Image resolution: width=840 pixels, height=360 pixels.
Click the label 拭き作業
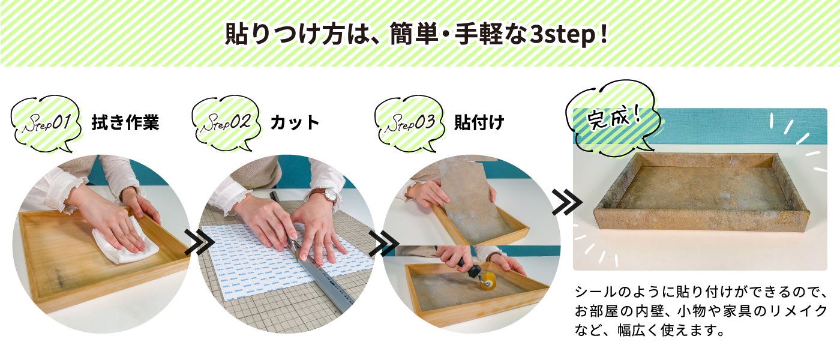[125, 122]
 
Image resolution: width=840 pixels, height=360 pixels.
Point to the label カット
[295, 122]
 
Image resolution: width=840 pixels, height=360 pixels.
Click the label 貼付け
[479, 122]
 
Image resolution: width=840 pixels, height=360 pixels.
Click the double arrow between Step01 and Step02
[199, 242]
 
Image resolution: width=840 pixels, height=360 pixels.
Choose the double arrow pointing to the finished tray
[566, 202]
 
